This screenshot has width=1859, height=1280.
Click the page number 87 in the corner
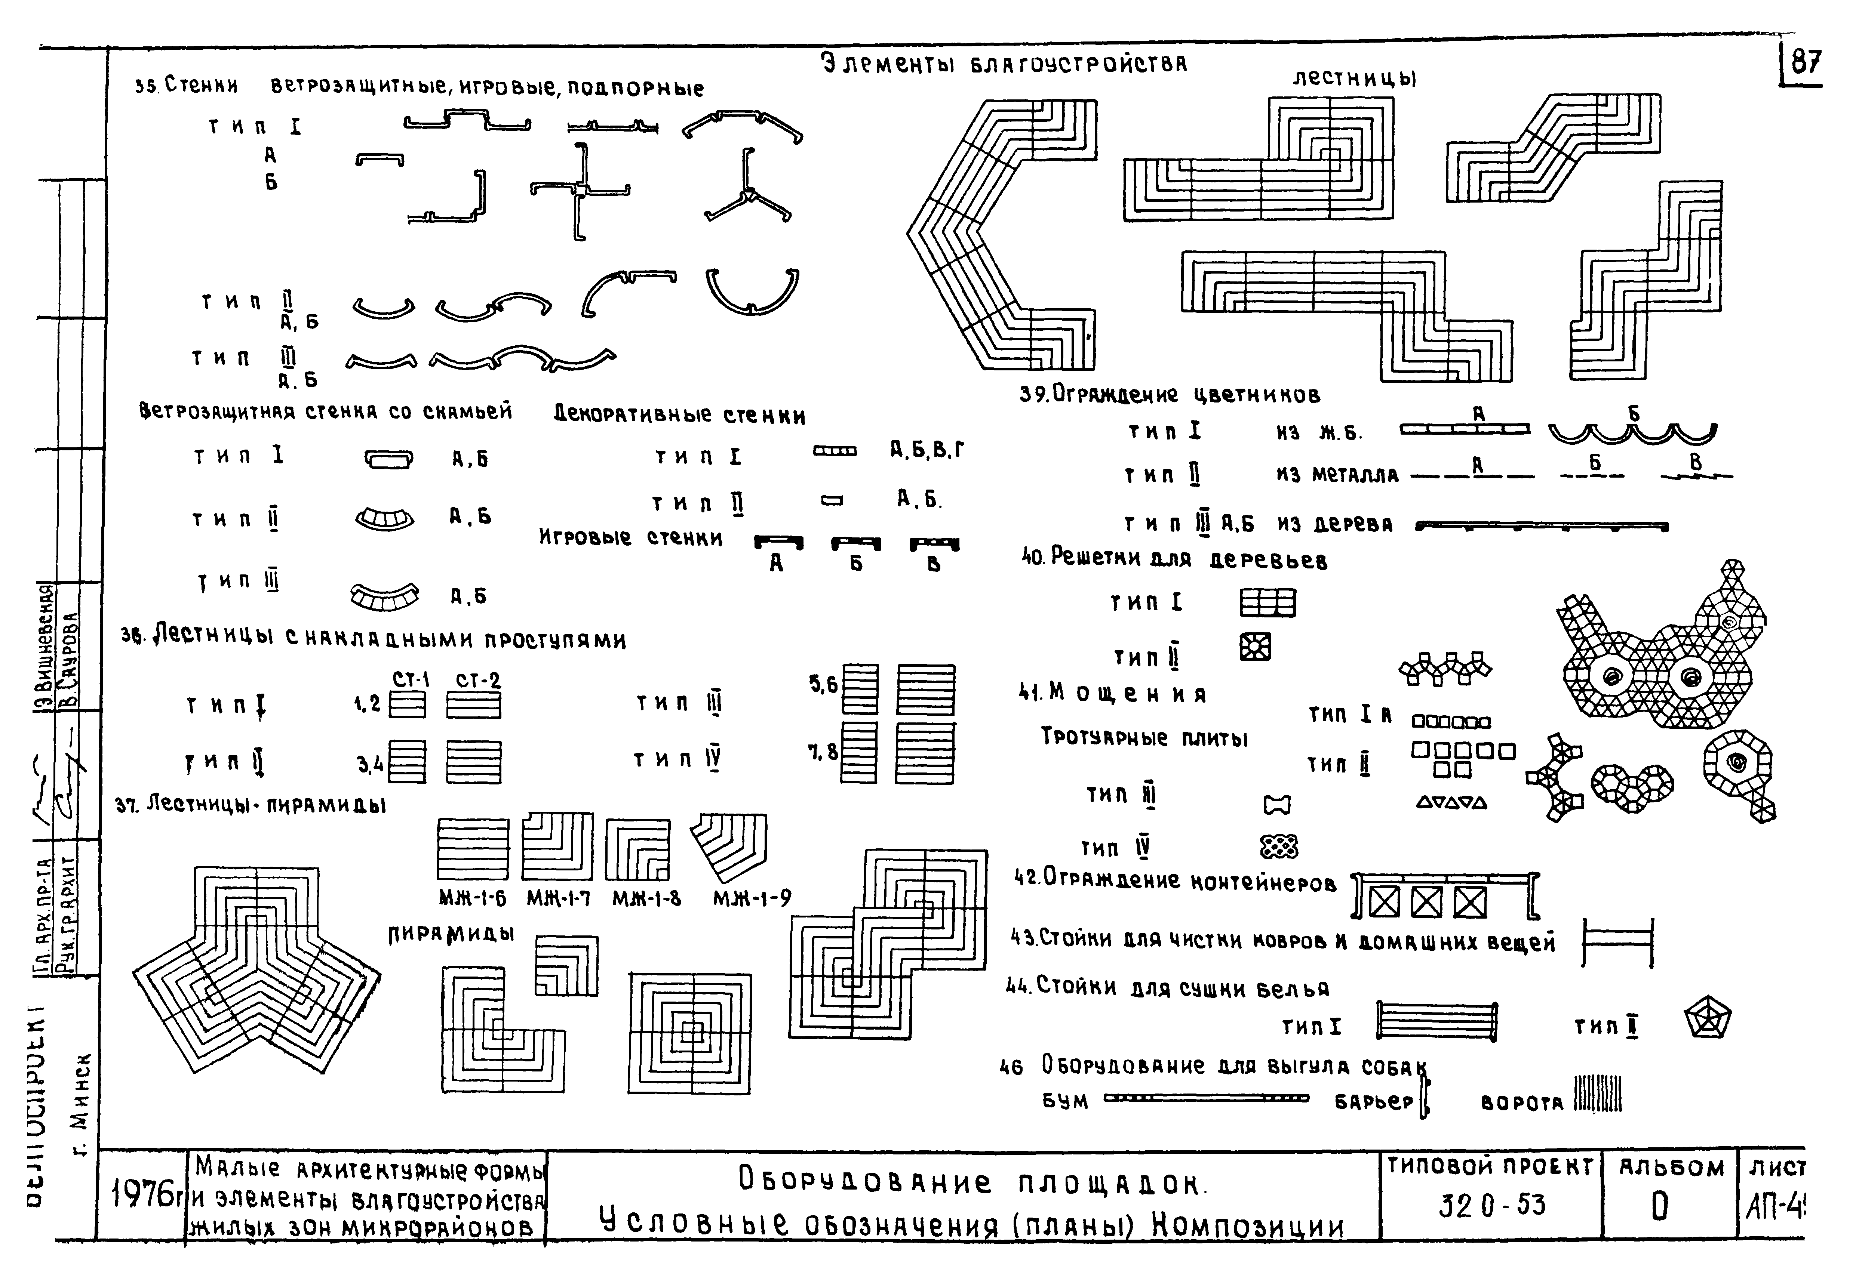(1804, 62)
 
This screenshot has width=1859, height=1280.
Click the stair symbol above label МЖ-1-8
(637, 849)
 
